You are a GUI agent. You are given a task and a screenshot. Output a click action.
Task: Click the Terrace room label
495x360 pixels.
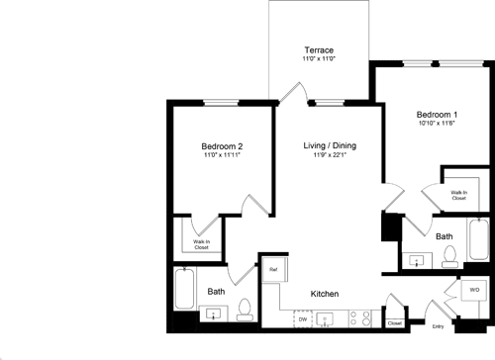[x=318, y=49]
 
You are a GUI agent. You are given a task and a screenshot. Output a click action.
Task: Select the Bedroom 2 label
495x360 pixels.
[x=222, y=146]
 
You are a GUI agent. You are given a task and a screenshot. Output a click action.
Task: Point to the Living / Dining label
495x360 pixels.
[x=330, y=146]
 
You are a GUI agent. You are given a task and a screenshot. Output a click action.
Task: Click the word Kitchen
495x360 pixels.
[x=327, y=295]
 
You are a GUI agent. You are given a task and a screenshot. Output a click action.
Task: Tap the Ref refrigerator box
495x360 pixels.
[x=273, y=269]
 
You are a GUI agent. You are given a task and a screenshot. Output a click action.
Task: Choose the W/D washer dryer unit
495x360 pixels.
[x=473, y=290]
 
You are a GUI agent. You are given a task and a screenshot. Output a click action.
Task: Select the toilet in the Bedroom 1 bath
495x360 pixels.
[x=450, y=257]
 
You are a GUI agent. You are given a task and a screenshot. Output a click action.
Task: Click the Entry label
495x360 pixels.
[x=438, y=325]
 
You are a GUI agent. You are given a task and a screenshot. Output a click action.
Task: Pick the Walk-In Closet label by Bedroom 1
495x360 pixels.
[x=458, y=196]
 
